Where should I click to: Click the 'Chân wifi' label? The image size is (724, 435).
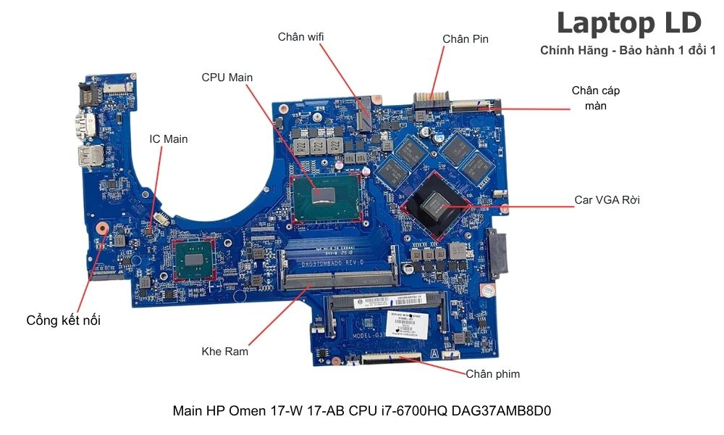coord(302,37)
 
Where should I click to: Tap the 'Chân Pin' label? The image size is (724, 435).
coord(466,38)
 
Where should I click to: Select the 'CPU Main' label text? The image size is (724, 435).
coord(227,78)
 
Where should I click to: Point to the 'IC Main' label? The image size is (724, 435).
coord(168,138)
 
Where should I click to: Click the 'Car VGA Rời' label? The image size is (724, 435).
coord(607,199)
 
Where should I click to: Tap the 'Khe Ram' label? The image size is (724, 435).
coord(224,352)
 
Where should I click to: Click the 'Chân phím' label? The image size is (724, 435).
coord(492,374)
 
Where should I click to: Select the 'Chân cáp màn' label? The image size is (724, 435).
coord(595,98)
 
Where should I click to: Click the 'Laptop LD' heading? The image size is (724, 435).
coord(628,23)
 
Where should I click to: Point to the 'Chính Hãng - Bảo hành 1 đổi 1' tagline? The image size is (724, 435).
coord(628,50)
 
